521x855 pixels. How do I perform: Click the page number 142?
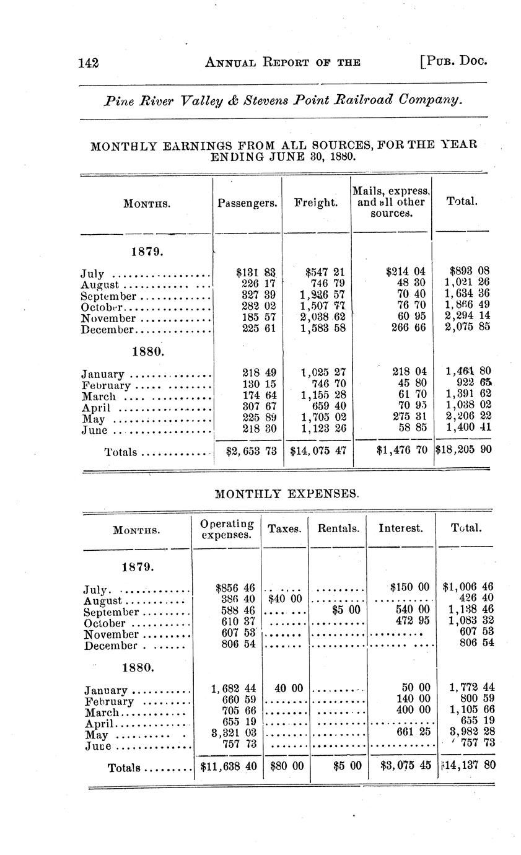click(90, 62)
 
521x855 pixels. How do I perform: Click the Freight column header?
click(315, 202)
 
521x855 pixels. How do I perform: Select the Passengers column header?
click(247, 202)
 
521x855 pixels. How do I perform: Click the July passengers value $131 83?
click(256, 272)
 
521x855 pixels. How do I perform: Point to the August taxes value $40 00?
click(285, 598)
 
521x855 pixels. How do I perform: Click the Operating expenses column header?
click(227, 529)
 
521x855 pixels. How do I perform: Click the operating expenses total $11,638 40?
click(229, 765)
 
